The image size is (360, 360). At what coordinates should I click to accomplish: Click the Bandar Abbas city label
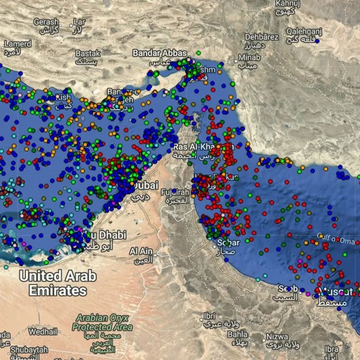tap(160, 53)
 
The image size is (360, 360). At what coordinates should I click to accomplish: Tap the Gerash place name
tap(46, 22)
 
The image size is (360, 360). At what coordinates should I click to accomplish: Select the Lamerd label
tap(18, 44)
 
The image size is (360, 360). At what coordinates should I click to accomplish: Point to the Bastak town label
tap(88, 54)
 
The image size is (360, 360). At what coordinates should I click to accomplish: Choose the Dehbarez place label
tap(262, 37)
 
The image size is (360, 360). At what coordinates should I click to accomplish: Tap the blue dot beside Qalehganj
tap(317, 40)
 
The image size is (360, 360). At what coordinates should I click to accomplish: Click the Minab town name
tap(249, 58)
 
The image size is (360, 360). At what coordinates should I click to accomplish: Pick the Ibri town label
tap(208, 316)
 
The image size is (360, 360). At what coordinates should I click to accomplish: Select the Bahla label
tap(237, 334)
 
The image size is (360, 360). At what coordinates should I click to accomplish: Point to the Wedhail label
tap(42, 331)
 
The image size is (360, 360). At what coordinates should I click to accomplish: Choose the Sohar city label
tap(228, 242)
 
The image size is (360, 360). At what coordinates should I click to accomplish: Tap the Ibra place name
tap(331, 349)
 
